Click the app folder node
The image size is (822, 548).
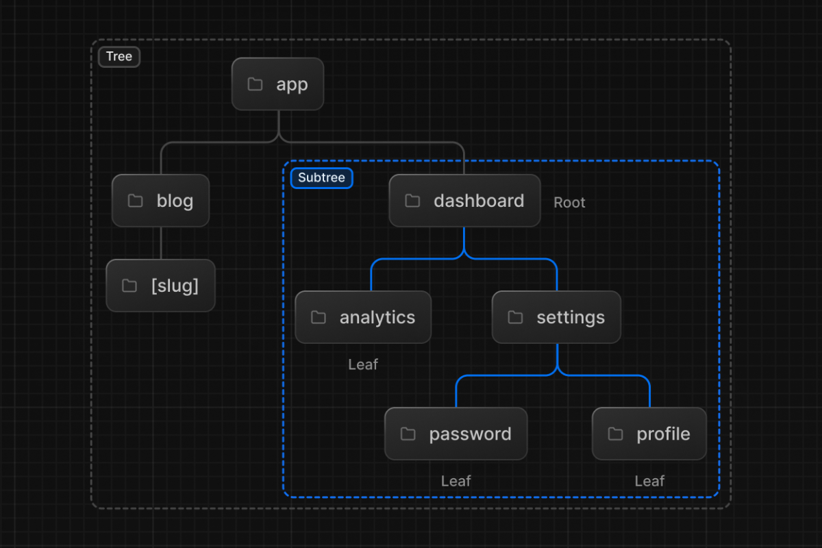(278, 84)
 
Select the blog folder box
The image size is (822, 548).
(161, 201)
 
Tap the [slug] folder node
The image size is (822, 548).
(161, 286)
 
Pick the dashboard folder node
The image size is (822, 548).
(464, 201)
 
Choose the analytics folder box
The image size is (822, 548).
(363, 317)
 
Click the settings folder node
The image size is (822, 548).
(556, 317)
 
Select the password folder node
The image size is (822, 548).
(456, 434)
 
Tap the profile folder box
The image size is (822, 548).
(649, 434)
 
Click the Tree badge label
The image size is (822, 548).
(119, 57)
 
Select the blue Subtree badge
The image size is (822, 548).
(322, 178)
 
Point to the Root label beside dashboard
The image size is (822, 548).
(569, 203)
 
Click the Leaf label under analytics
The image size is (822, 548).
(363, 364)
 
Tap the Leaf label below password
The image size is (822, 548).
(456, 481)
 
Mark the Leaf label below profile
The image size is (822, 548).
(649, 481)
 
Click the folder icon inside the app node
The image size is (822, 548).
(255, 84)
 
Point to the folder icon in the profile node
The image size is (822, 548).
(615, 434)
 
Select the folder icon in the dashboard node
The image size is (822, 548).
(412, 201)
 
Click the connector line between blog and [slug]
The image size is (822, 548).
(162, 243)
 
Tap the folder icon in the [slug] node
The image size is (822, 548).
(129, 286)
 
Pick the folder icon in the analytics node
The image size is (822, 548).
(318, 317)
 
